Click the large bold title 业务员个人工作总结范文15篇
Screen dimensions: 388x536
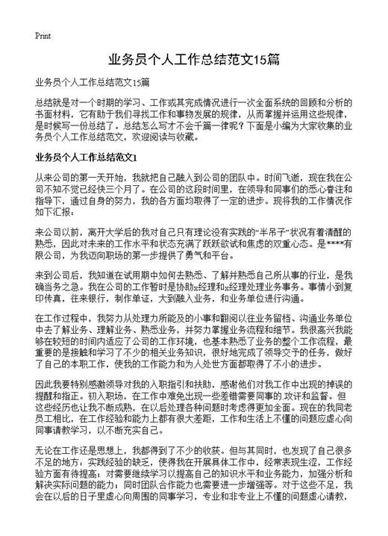[x=193, y=59]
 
